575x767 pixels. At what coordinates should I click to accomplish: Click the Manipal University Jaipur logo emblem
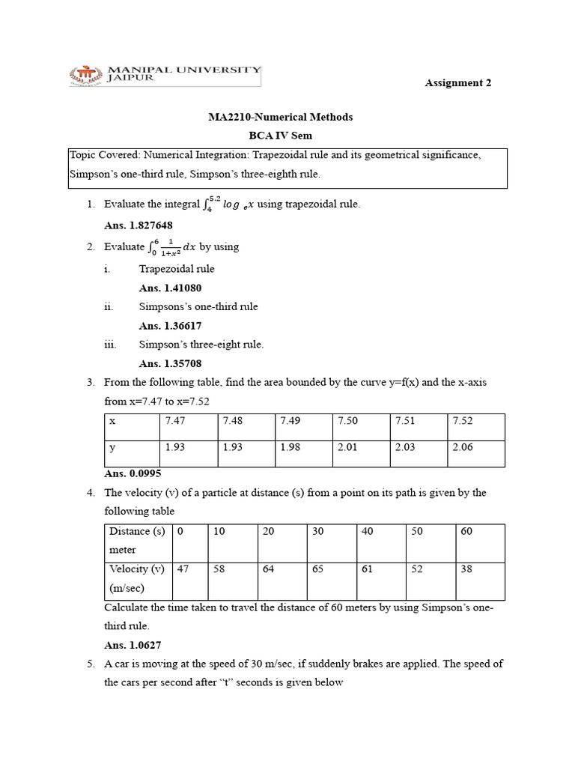coord(87,75)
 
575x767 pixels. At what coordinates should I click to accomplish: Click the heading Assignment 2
coord(458,83)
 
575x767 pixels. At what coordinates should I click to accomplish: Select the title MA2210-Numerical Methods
coord(280,117)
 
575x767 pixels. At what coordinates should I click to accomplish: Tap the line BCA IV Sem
coord(280,136)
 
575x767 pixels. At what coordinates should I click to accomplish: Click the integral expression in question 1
coord(228,204)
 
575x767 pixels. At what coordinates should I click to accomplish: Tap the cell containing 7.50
coord(347,421)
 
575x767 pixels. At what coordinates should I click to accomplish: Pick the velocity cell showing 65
coord(317,569)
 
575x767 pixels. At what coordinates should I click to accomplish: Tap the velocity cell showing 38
coord(466,569)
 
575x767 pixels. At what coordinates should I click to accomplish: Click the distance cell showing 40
coord(367,531)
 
